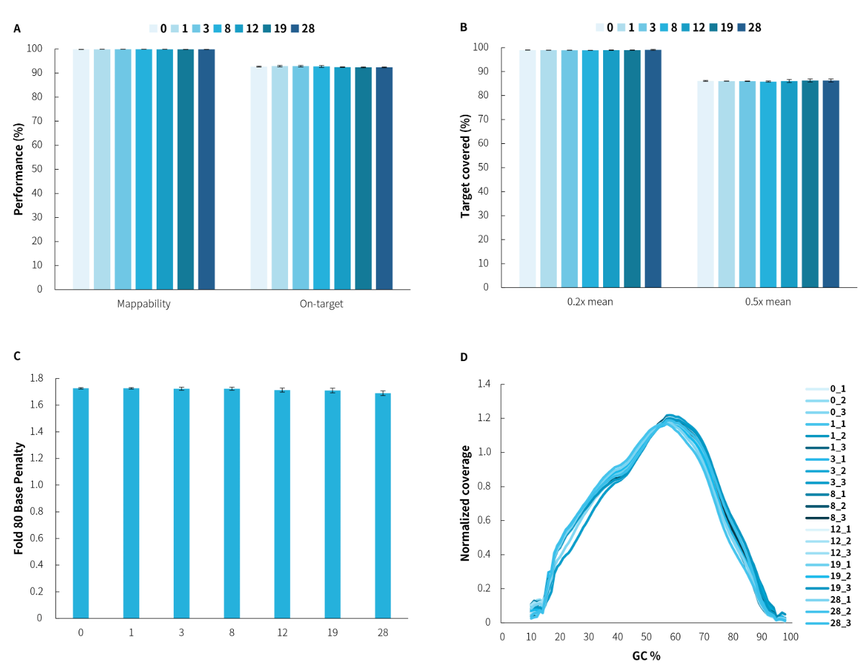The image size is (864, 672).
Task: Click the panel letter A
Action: coord(17,29)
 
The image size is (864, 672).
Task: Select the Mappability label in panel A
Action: coord(143,304)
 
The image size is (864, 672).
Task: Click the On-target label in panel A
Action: coord(321,304)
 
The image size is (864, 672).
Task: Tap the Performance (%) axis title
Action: coord(18,169)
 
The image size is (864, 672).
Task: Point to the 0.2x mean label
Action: coord(590,302)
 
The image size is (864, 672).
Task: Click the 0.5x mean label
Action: coord(768,302)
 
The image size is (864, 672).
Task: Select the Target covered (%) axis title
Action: coord(465,166)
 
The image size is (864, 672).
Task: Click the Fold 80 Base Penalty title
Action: coord(18,498)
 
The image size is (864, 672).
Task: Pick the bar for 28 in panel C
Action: coord(383,505)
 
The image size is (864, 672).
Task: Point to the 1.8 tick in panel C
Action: coord(36,378)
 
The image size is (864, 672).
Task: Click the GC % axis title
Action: coord(646,656)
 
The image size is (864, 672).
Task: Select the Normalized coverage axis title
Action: coord(465,503)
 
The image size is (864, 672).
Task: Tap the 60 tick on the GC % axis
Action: coord(675,637)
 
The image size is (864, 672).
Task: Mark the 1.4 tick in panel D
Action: coord(484,384)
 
